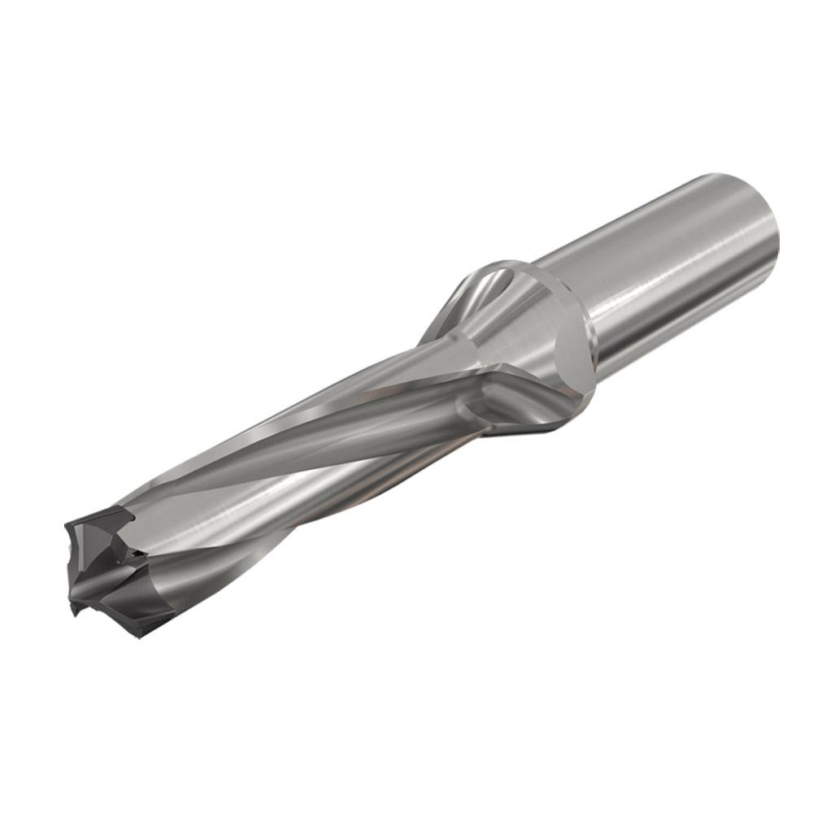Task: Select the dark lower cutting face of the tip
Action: (122, 610)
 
